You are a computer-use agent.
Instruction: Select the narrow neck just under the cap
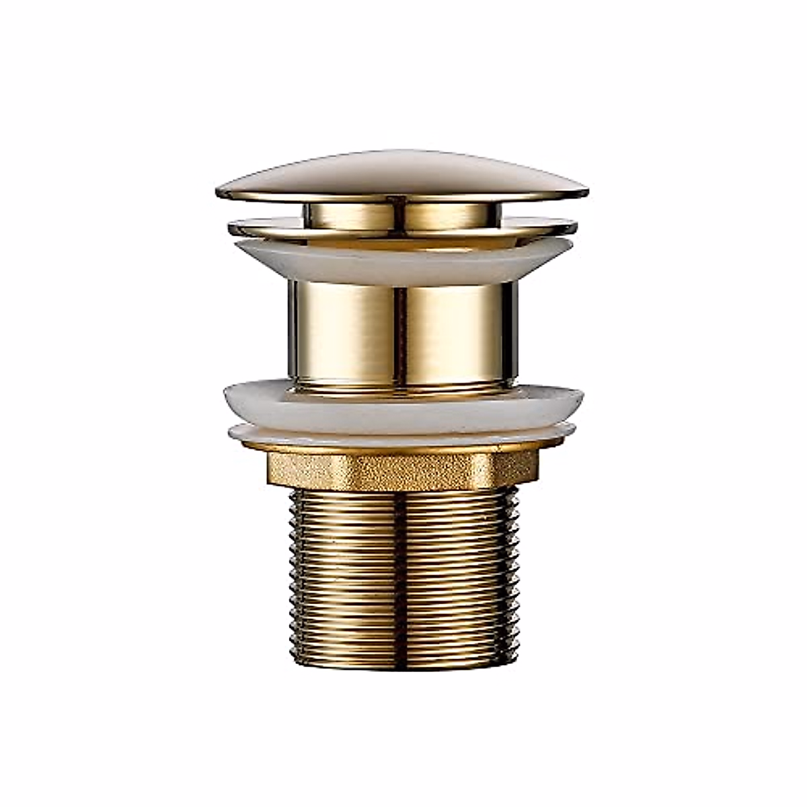pyautogui.click(x=402, y=214)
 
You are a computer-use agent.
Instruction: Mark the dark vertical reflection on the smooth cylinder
pyautogui.click(x=402, y=333)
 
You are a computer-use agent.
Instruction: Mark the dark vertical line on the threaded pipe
pyautogui.click(x=402, y=572)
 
